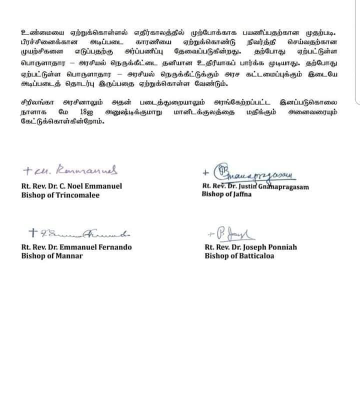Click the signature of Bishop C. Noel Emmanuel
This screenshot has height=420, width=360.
pos(72,171)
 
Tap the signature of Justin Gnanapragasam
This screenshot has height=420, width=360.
pos(252,173)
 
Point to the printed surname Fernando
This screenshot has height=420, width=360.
pos(114,247)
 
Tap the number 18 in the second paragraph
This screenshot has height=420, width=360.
pos(80,113)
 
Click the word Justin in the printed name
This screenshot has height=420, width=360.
pos(251,186)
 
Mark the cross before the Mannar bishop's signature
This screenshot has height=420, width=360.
pos(33,232)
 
